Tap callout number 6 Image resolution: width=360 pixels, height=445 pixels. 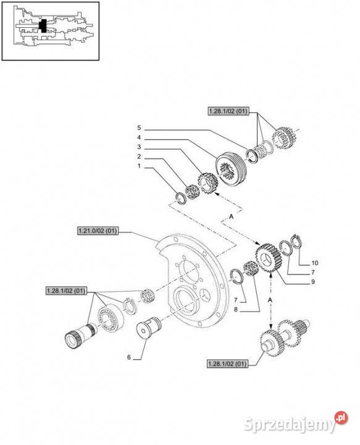click(128, 357)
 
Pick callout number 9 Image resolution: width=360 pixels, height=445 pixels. click(314, 282)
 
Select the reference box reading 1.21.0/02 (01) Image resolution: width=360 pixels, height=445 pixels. click(97, 231)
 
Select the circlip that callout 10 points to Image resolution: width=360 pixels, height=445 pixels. click(296, 243)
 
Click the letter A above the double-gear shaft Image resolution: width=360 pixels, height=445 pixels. click(270, 299)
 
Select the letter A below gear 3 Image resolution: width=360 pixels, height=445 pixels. click(231, 216)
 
